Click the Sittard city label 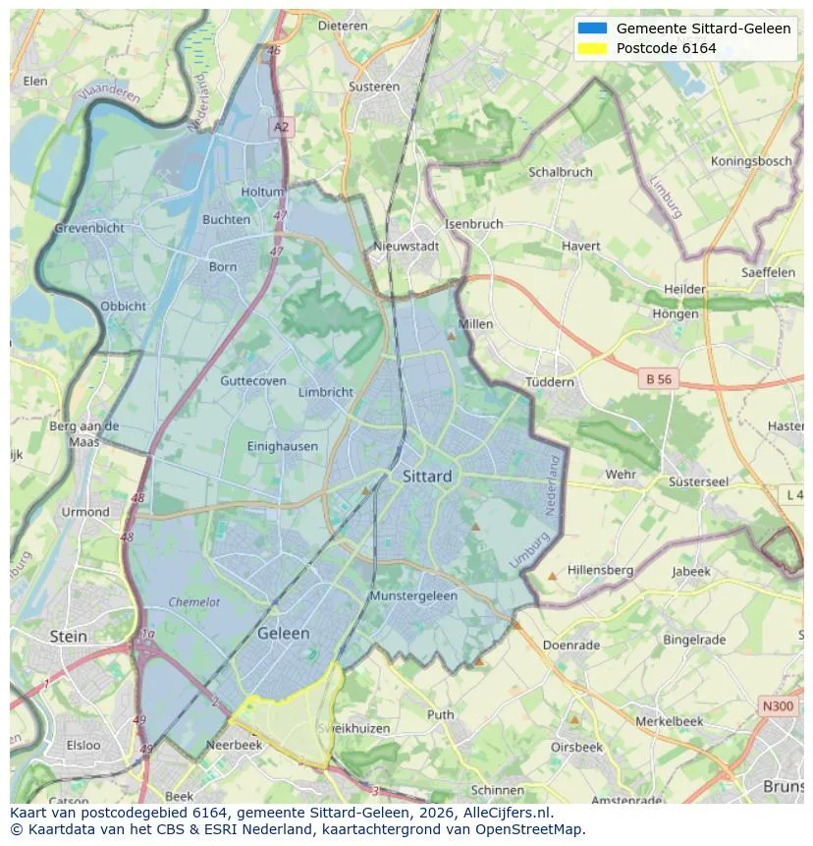[427, 477]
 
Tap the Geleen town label [283, 634]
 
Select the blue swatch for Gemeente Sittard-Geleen [593, 28]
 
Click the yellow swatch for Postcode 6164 [593, 48]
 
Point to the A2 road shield [282, 127]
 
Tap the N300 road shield [779, 705]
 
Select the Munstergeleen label [413, 596]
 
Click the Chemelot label [194, 602]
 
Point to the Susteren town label [373, 86]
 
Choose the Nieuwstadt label [406, 247]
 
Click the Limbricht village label [325, 392]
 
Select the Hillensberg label [600, 570]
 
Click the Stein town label [68, 636]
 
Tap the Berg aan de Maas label [83, 433]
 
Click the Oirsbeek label [575, 747]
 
